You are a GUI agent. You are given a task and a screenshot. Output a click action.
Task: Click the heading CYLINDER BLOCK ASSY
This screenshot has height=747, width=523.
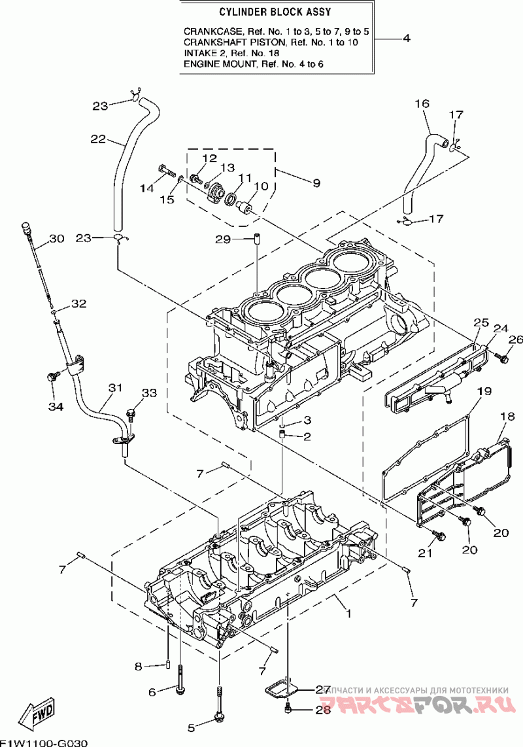click(275, 12)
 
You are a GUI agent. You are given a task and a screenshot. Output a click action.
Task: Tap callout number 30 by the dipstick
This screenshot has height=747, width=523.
click(56, 239)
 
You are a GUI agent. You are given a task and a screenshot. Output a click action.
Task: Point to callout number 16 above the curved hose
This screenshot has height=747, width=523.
click(422, 103)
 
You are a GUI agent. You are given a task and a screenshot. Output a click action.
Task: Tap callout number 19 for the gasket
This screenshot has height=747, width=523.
click(484, 392)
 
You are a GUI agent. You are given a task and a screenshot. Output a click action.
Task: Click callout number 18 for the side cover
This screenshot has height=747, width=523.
click(508, 417)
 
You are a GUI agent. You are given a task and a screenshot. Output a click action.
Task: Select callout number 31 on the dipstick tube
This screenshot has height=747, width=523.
click(115, 389)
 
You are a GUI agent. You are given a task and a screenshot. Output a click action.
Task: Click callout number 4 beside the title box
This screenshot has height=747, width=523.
click(406, 38)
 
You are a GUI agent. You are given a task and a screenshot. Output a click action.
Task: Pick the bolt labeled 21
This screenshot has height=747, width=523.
click(439, 535)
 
